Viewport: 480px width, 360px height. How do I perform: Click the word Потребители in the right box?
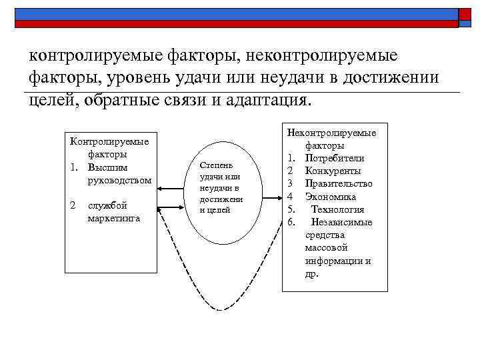pos(335,158)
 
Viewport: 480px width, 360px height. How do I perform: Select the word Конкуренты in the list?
pos(333,171)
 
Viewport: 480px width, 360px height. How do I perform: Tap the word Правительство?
pos(339,183)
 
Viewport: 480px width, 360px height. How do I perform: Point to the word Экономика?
pos(331,197)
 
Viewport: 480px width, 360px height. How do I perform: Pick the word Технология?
pos(338,209)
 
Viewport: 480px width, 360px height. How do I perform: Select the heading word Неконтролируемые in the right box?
pos(332,133)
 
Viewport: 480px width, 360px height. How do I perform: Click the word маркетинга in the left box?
pos(113,218)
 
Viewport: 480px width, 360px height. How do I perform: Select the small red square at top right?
pos(465,16)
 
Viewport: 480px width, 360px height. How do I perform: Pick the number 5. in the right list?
pos(291,209)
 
